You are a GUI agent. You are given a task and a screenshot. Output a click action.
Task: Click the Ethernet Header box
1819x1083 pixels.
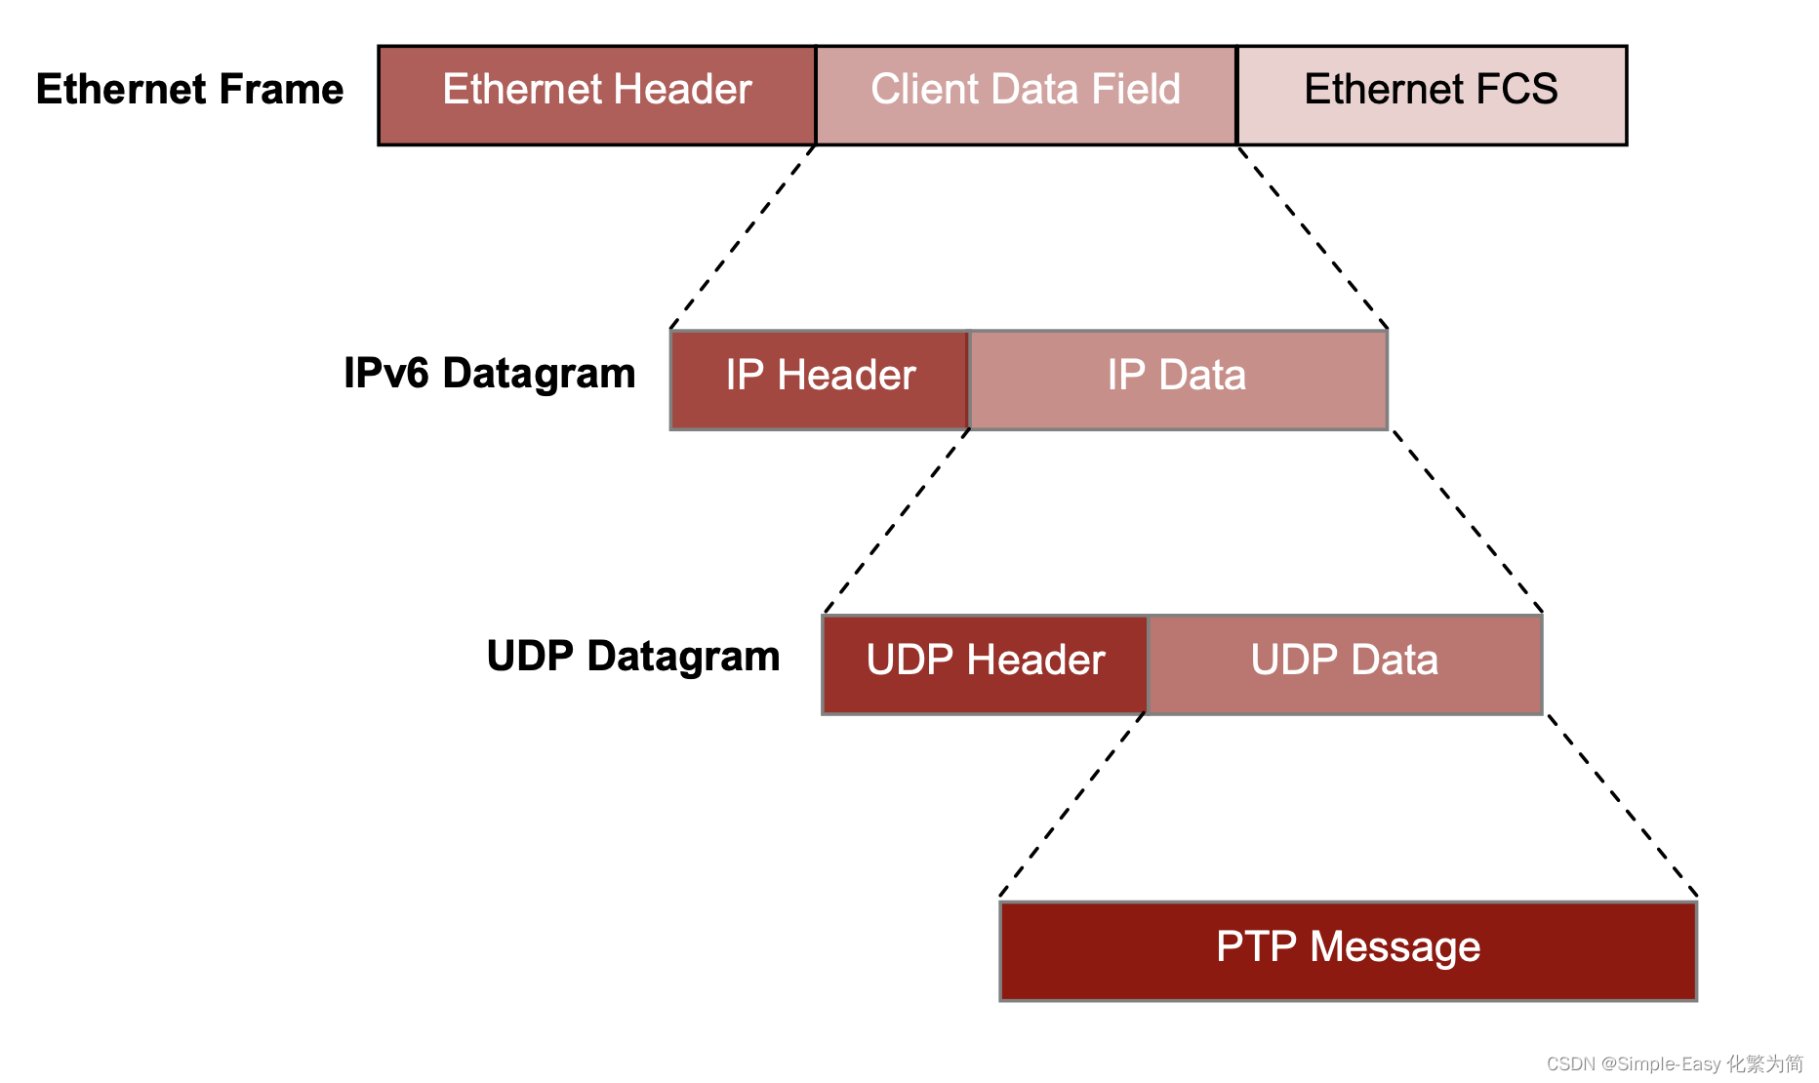(596, 95)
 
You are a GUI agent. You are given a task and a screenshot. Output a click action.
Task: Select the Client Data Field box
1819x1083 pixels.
(1026, 95)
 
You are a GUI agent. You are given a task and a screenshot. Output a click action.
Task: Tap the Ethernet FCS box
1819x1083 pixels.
(1432, 95)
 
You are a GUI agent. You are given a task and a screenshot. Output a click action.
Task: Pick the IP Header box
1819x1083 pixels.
(820, 380)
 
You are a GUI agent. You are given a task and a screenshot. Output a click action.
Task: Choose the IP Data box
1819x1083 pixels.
(1178, 380)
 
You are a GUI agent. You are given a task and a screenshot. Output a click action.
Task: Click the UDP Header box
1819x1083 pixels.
(985, 664)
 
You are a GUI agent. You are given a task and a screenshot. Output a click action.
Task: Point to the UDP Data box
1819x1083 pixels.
(1345, 664)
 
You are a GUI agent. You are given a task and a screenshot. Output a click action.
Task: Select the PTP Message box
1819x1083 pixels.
(1348, 950)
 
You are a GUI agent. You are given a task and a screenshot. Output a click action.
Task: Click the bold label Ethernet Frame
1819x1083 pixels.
(189, 89)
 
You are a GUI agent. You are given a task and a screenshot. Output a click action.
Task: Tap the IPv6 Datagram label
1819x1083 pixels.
(489, 374)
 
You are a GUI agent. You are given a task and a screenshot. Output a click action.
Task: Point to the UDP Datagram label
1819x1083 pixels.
(633, 657)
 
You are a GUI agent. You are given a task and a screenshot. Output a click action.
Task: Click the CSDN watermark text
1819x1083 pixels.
(1675, 1063)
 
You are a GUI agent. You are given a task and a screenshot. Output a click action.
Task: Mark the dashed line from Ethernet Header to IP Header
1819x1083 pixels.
(743, 237)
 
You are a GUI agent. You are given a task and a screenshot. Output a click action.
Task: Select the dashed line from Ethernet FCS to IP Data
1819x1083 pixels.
(1313, 237)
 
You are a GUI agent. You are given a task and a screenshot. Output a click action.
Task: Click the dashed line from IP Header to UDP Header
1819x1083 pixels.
(897, 521)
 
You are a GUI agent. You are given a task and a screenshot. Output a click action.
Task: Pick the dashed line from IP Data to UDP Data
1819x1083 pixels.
(1467, 521)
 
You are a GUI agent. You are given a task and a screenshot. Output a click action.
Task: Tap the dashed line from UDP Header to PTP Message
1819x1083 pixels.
(1071, 805)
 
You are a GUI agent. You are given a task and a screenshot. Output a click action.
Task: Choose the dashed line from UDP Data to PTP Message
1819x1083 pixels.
(1622, 805)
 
